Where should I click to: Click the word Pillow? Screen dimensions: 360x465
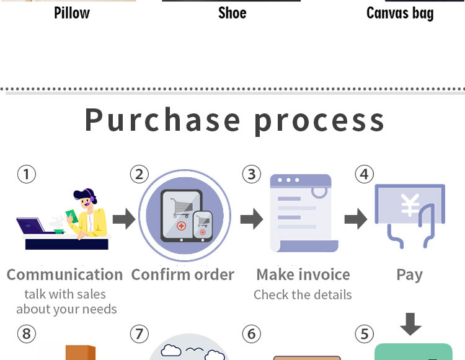(x=71, y=13)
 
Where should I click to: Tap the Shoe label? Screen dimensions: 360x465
(x=232, y=13)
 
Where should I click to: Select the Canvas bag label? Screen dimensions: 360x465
(x=399, y=13)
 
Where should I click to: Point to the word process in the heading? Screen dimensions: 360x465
(x=319, y=121)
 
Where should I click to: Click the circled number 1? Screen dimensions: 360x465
(x=26, y=174)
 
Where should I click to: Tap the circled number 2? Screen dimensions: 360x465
(x=139, y=174)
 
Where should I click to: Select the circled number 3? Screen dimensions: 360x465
(x=251, y=174)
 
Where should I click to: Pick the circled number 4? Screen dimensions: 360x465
(x=364, y=174)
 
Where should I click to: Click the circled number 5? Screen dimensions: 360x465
(x=364, y=335)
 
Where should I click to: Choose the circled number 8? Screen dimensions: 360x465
(x=26, y=335)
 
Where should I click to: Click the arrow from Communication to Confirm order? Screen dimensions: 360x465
(x=124, y=218)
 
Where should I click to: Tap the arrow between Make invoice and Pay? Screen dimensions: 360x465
(x=355, y=218)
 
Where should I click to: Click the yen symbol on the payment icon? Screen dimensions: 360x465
(x=410, y=205)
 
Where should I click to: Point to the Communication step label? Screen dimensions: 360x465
(x=64, y=274)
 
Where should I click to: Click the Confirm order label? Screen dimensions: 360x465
(x=183, y=274)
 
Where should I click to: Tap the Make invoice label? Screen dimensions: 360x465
(x=303, y=274)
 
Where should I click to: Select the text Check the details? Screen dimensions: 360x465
(x=303, y=295)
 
